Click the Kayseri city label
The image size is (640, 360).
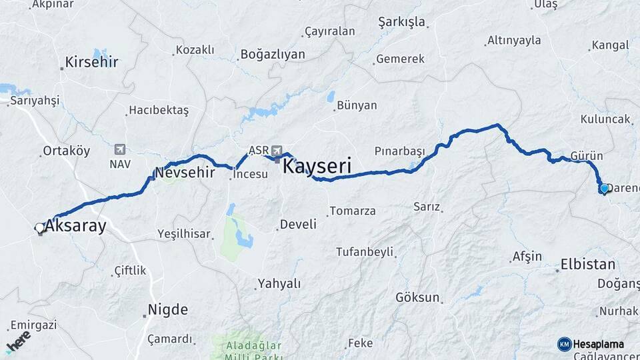click(x=317, y=166)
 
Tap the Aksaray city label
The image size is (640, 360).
click(x=75, y=226)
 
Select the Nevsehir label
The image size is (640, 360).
click(x=185, y=173)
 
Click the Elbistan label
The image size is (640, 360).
click(x=588, y=264)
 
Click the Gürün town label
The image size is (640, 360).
click(x=587, y=156)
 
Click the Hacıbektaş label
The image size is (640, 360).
click(x=159, y=110)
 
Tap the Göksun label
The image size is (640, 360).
click(x=417, y=297)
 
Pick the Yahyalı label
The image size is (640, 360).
click(x=279, y=284)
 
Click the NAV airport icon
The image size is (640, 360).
click(x=119, y=149)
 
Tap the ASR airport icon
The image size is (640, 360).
click(x=277, y=151)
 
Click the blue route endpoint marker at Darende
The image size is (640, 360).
click(x=604, y=189)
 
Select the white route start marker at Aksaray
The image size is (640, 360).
click(x=39, y=228)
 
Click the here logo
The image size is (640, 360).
click(x=18, y=341)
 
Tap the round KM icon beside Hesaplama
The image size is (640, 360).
click(x=564, y=344)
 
